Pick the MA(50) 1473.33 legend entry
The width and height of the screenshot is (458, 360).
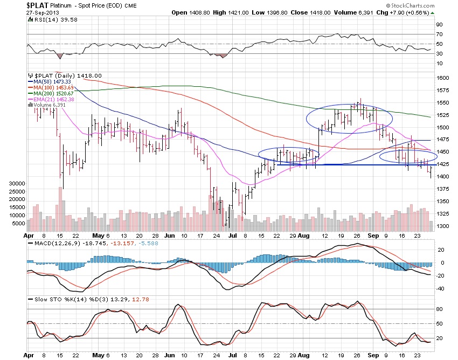point(52,82)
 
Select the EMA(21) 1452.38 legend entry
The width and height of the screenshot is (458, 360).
point(54,99)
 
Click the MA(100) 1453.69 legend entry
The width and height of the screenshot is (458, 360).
point(53,88)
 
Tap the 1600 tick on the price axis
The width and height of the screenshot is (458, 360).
point(442,78)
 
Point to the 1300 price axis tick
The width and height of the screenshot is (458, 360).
point(442,226)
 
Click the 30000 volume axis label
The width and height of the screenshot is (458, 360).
point(17,184)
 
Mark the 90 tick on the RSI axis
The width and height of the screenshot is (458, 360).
point(439,24)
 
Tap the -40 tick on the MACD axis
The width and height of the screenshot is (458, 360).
point(440,288)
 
